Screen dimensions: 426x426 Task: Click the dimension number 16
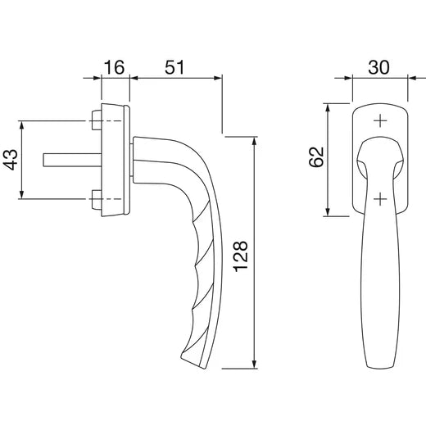click(114, 67)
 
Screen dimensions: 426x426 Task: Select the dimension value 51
click(174, 67)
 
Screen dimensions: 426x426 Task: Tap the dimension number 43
click(10, 160)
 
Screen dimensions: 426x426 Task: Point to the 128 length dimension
click(241, 256)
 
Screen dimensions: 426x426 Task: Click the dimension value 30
click(378, 67)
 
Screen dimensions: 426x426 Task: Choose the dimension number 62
click(316, 157)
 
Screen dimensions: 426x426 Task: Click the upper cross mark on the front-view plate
click(380, 120)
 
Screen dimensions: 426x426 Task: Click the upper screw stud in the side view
click(97, 120)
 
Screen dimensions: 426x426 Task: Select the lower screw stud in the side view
click(97, 200)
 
